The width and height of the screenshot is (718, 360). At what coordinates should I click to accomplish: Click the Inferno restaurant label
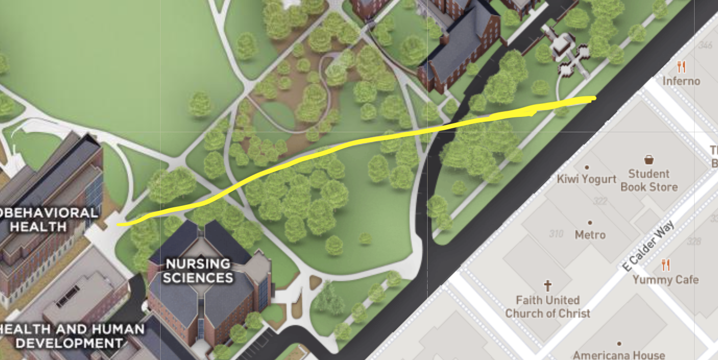pyautogui.click(x=681, y=81)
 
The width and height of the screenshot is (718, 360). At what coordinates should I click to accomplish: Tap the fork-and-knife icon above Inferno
pyautogui.click(x=681, y=67)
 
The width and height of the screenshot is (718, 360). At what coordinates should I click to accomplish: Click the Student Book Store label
pyautogui.click(x=649, y=180)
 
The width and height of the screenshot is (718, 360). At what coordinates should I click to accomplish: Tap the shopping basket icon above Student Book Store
pyautogui.click(x=649, y=160)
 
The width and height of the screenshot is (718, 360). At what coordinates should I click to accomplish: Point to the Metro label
pyautogui.click(x=590, y=234)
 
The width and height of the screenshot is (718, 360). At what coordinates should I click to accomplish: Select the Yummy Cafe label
pyautogui.click(x=665, y=280)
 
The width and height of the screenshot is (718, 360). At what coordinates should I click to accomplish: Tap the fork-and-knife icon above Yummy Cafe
pyautogui.click(x=666, y=265)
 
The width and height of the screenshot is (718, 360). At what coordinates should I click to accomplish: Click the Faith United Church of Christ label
pyautogui.click(x=548, y=307)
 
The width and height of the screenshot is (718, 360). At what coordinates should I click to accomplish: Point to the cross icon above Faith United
pyautogui.click(x=548, y=285)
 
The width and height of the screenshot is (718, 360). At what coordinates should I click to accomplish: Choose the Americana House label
pyautogui.click(x=619, y=355)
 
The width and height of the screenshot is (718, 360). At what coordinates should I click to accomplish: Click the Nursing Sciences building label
pyautogui.click(x=198, y=270)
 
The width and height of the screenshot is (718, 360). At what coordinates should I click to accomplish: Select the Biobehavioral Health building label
pyautogui.click(x=47, y=220)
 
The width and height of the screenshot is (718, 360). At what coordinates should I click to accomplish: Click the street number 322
pyautogui.click(x=600, y=201)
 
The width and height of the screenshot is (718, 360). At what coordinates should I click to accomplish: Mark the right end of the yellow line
pyautogui.click(x=595, y=98)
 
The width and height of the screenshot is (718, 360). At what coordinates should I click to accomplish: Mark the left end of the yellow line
pyautogui.click(x=118, y=225)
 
